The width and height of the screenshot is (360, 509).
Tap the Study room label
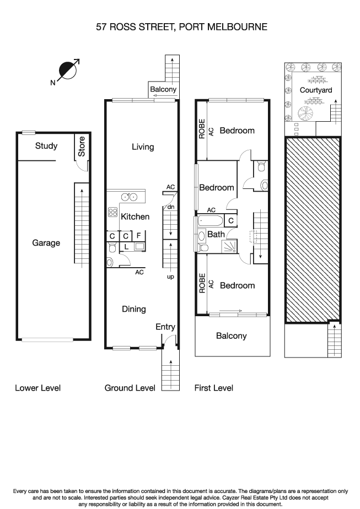tap(46, 146)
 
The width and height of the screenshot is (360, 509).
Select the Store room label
tap(82, 146)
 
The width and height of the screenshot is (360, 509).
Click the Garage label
tap(46, 243)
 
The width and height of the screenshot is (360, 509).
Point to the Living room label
tap(143, 147)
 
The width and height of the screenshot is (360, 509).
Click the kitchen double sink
tap(130, 197)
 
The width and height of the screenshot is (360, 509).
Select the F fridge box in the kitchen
tap(138, 236)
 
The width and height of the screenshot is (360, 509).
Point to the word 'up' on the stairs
tap(170, 277)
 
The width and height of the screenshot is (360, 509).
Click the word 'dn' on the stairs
tap(171, 207)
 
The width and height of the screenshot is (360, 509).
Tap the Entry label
tap(165, 327)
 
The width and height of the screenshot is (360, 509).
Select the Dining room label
tap(134, 309)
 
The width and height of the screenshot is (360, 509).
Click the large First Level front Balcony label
tap(232, 335)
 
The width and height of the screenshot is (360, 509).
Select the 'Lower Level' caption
tap(37, 388)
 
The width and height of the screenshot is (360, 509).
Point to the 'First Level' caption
tap(214, 388)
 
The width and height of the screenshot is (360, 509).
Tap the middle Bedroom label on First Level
tap(217, 188)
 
